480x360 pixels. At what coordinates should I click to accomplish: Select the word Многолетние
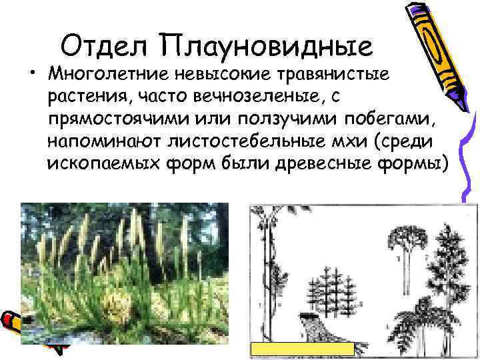pyautogui.click(x=115, y=72)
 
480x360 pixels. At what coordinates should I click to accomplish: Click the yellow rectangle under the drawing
pyautogui.click(x=302, y=349)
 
